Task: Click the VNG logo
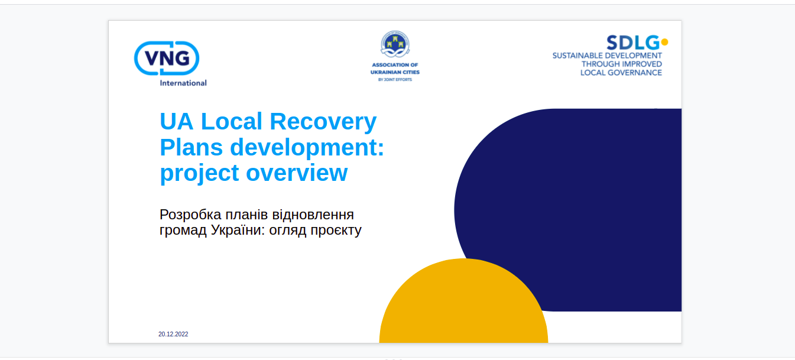click(167, 58)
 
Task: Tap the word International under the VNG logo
click(183, 83)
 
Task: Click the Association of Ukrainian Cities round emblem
click(395, 44)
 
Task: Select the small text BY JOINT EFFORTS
click(395, 80)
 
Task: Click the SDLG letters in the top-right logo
click(633, 43)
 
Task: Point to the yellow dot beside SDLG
click(665, 42)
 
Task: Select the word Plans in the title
click(191, 147)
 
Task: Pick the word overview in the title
click(297, 173)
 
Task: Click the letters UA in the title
click(176, 121)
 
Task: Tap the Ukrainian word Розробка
click(190, 215)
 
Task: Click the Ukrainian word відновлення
click(313, 215)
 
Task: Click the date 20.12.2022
click(173, 334)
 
